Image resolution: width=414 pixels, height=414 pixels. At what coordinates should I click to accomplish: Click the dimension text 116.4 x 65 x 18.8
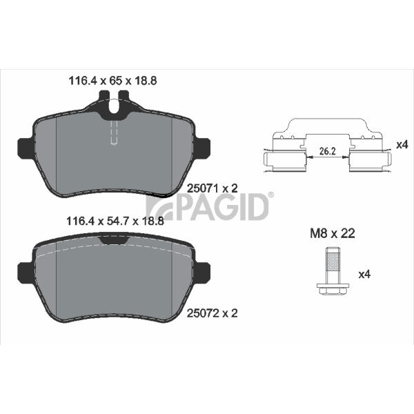click(112, 81)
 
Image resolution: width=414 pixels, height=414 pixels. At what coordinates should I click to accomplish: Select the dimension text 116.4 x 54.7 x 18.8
click(115, 221)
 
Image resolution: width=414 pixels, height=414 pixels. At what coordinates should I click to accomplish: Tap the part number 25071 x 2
click(213, 188)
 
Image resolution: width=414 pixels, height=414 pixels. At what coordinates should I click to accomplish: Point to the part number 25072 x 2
click(213, 313)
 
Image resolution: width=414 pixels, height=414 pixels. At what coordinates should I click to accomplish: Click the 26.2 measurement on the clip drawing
click(327, 151)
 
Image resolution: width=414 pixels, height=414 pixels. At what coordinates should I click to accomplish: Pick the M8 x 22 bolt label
click(333, 233)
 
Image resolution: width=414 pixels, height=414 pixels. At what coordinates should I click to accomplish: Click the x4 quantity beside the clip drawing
click(402, 144)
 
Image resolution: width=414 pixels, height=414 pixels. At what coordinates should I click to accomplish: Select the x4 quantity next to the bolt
click(364, 275)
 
